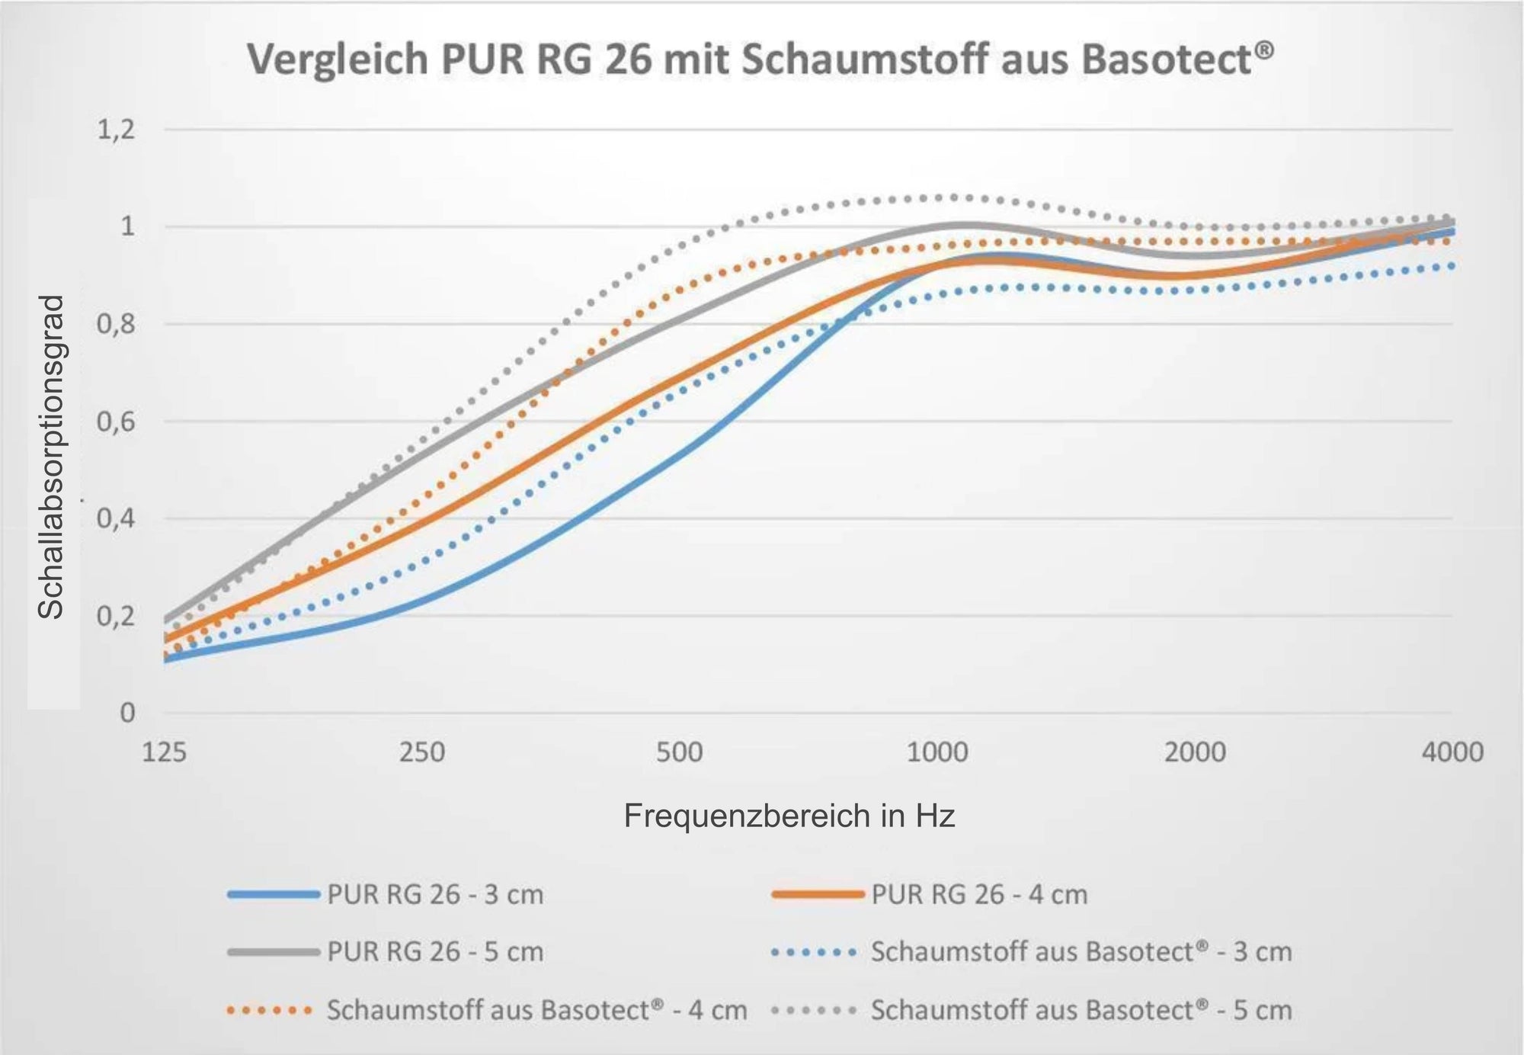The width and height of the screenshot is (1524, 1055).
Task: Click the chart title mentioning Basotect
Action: [x=760, y=59]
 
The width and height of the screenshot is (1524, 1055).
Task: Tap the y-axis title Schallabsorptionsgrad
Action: [x=52, y=457]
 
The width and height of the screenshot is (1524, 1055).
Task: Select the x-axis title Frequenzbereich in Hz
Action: [x=789, y=816]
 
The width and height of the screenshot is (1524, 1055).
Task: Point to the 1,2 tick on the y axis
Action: [x=115, y=130]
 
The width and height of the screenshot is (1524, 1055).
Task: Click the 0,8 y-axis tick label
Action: [x=115, y=325]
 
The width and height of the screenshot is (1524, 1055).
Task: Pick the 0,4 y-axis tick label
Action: [x=115, y=519]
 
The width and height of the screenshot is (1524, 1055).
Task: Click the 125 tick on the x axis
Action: [x=164, y=752]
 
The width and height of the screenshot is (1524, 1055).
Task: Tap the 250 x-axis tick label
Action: [x=421, y=752]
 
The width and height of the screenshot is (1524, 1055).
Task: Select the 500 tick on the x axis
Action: [x=679, y=752]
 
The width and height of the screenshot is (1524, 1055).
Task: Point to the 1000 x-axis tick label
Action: [x=937, y=752]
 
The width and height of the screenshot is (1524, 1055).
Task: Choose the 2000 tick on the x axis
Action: [x=1195, y=752]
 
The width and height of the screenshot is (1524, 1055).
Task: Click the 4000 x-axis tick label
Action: [x=1452, y=752]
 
